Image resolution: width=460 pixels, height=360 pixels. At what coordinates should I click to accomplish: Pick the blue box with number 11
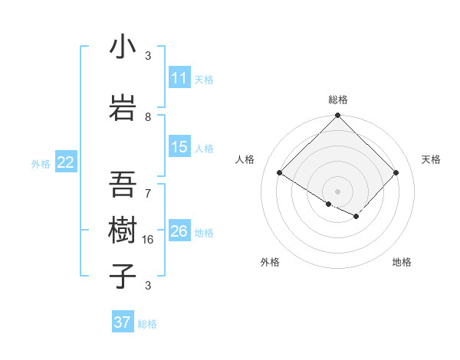pos(179,78)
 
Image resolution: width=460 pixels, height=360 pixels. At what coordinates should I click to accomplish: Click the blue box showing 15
pos(179,148)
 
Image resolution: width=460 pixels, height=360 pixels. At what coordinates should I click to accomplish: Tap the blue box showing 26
pos(179,231)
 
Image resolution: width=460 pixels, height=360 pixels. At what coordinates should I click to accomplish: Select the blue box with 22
pos(66,162)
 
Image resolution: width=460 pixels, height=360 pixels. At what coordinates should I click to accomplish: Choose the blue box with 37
pos(123,322)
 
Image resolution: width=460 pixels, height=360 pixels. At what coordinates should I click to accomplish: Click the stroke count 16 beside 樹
pos(148,239)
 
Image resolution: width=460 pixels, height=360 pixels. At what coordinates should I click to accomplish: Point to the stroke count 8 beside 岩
pos(148,116)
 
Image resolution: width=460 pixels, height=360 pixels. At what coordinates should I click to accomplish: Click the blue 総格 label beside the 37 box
pos(147,324)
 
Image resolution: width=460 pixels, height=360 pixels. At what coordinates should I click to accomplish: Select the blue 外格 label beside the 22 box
pos(41,163)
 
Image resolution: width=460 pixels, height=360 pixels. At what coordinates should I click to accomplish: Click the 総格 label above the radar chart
pos(338,100)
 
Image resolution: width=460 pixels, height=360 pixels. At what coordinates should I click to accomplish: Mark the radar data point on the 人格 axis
pos(280,173)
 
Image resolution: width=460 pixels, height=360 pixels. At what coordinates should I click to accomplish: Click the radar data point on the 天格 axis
pos(396,173)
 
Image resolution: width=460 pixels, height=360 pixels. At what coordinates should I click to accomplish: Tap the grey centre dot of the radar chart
pos(338,191)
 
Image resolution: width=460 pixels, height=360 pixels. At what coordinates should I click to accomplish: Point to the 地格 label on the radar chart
pos(402,262)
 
